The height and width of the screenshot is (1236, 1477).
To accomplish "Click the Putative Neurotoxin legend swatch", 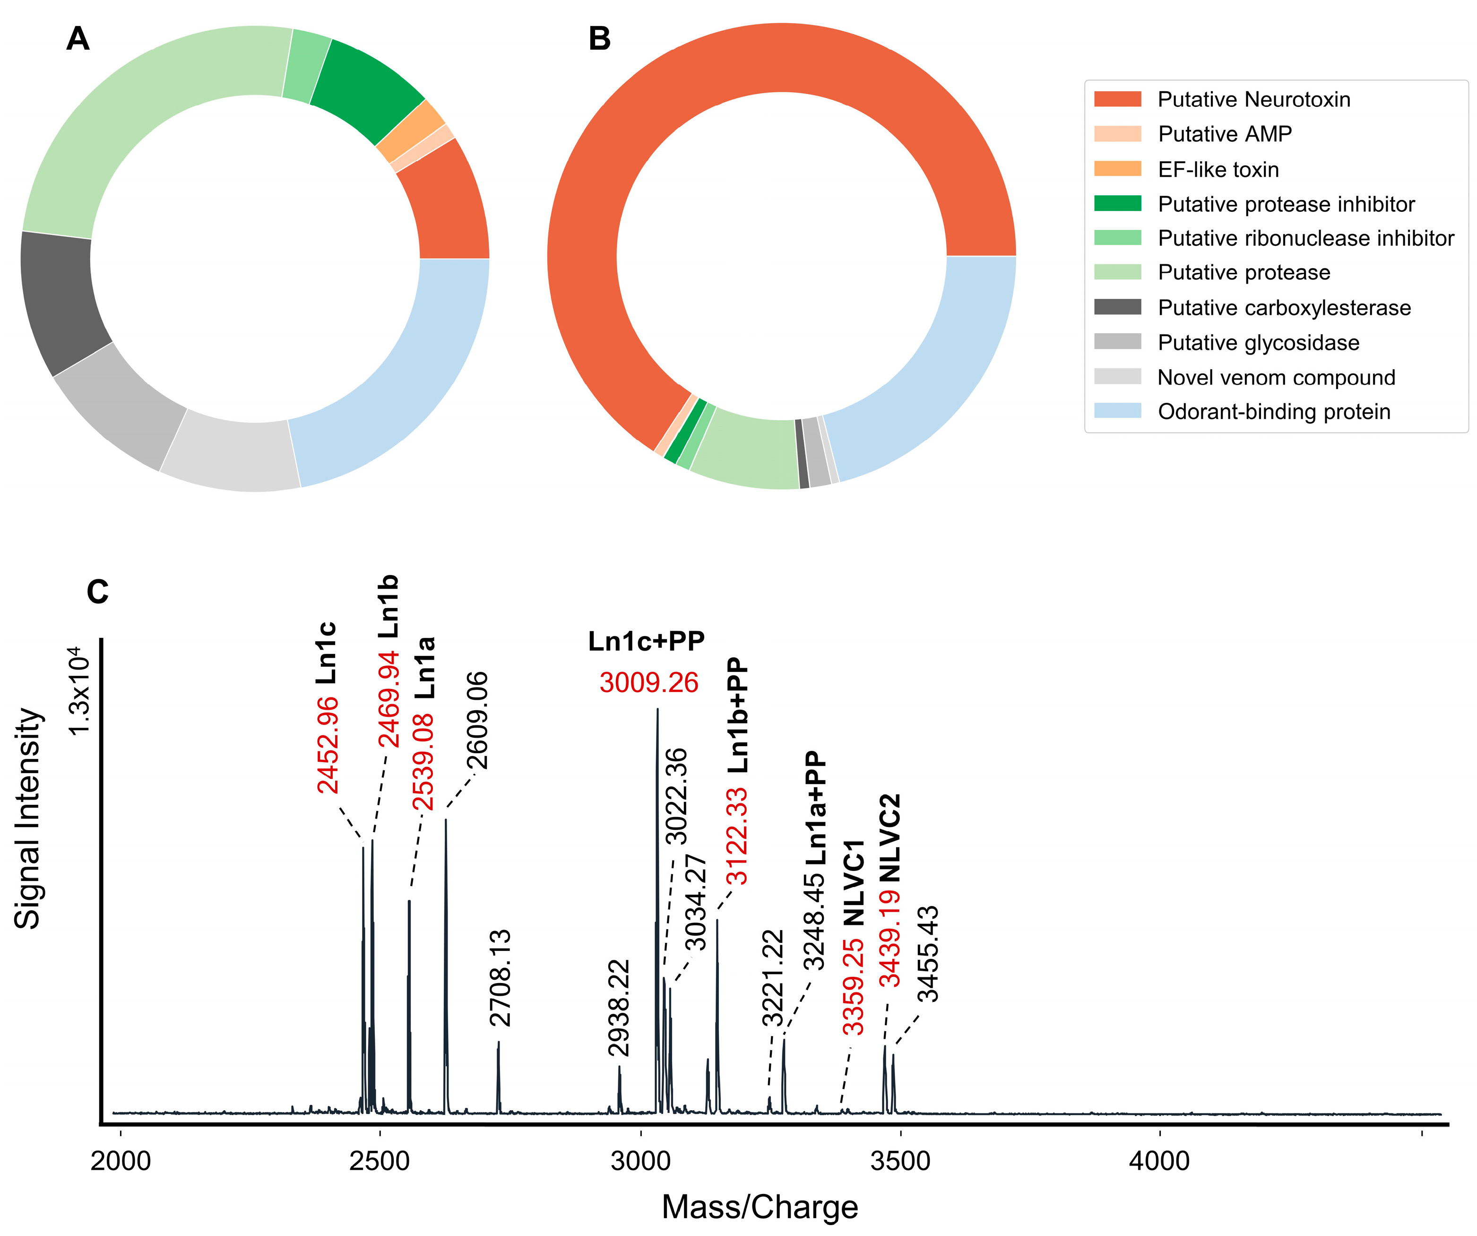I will click(x=1117, y=99).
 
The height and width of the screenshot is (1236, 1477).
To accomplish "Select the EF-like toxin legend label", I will click(x=1218, y=170).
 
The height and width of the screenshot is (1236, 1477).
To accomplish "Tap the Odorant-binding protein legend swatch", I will click(x=1117, y=411).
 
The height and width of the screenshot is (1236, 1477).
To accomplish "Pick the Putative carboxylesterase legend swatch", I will click(x=1117, y=307).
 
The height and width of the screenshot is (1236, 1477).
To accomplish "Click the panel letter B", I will click(x=599, y=39).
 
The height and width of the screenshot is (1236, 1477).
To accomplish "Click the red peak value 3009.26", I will click(x=648, y=682).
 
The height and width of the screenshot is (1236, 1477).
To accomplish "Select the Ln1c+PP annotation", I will click(x=646, y=641).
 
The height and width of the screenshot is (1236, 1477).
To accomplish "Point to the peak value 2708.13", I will click(x=500, y=978).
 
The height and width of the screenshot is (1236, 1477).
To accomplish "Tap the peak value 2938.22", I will click(x=619, y=1007).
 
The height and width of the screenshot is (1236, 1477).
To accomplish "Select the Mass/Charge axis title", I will click(x=760, y=1207).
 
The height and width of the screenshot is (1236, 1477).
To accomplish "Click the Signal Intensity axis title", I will click(x=28, y=818).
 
